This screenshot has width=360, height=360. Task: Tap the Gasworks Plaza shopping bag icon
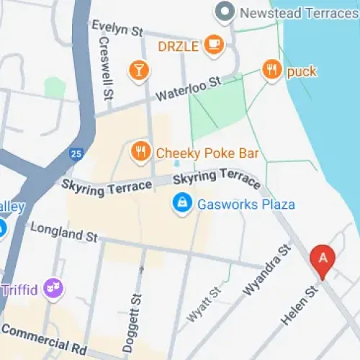[183, 204]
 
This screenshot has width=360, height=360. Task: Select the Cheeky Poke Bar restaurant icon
[140, 152]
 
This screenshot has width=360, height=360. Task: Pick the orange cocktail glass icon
[137, 70]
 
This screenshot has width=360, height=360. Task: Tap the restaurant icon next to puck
[271, 71]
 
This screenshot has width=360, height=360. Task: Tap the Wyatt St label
[204, 305]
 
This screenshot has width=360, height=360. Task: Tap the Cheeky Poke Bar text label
[207, 153]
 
